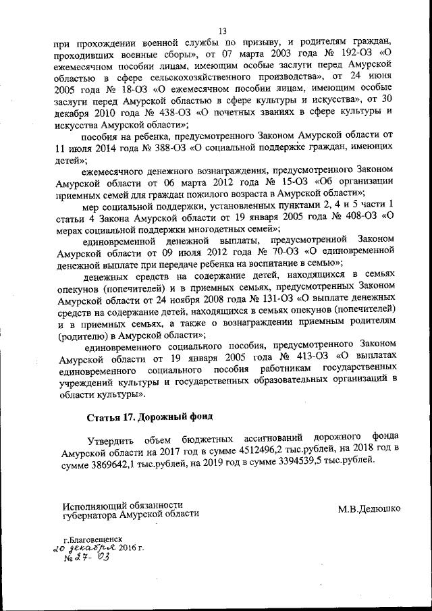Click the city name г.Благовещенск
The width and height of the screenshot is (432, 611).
tap(92, 541)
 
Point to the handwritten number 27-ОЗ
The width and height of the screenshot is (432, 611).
tap(86, 560)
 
